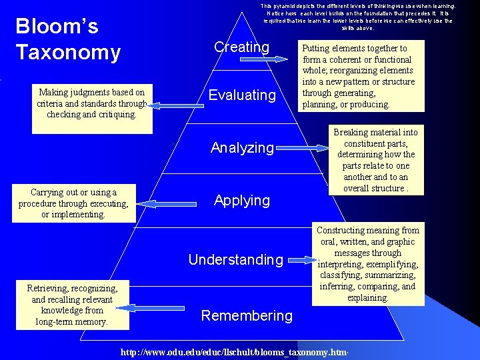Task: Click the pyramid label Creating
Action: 241,47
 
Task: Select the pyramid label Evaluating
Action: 241,95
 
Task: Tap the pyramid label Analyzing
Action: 242,147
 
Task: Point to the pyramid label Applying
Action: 241,201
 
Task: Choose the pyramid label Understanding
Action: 235,259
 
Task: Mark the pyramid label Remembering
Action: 247,315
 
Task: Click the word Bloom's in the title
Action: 57,27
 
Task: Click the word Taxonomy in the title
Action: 68,52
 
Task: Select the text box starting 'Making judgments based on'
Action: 91,103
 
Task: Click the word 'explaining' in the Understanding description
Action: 368,298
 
